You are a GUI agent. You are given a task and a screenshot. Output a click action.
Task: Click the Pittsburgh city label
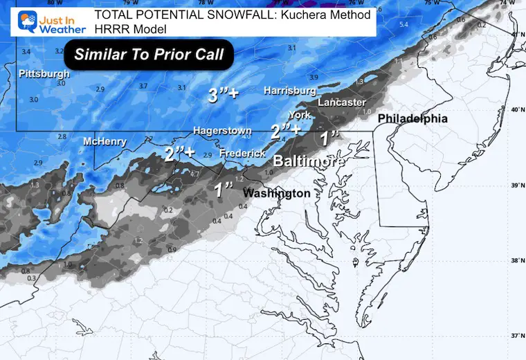pyautogui.click(x=44, y=73)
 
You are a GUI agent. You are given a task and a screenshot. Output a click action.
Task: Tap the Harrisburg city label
pyautogui.click(x=289, y=91)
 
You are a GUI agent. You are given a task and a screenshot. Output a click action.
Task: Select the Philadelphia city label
pyautogui.click(x=412, y=119)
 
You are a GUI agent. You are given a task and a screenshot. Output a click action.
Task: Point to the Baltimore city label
pyautogui.click(x=309, y=161)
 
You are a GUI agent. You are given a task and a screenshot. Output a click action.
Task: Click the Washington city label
pyautogui.click(x=276, y=193)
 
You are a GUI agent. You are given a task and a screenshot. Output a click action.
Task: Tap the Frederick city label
pyautogui.click(x=242, y=154)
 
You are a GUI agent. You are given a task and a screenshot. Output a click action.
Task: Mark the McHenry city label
pyautogui.click(x=105, y=142)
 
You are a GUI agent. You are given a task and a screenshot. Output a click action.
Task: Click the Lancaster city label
pyautogui.click(x=341, y=102)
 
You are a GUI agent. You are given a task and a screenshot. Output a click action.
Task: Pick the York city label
pyautogui.click(x=299, y=115)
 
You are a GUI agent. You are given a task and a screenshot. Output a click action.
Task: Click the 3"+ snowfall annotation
pyautogui.click(x=223, y=96)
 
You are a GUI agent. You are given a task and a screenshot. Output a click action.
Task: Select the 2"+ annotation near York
pyautogui.click(x=286, y=129)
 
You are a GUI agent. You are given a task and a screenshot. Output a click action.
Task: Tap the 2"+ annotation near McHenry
pyautogui.click(x=179, y=154)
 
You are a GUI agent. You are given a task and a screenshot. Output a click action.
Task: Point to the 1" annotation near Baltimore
pyautogui.click(x=331, y=137)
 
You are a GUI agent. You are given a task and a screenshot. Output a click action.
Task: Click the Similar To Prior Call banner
pyautogui.click(x=149, y=54)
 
